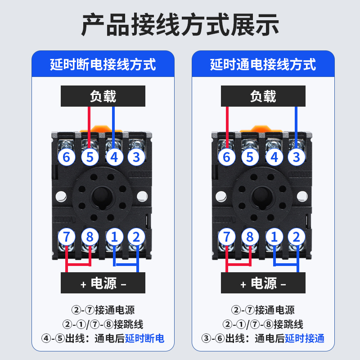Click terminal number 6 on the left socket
(67, 157)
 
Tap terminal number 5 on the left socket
(90, 157)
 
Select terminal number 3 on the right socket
(296, 157)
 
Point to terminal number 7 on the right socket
(227, 237)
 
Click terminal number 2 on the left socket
(136, 237)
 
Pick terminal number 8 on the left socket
(90, 237)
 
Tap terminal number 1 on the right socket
(274, 237)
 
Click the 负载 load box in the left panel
(103, 96)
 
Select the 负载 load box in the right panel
(263, 96)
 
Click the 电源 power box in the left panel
(103, 283)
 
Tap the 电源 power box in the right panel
(263, 283)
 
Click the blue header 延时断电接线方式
(103, 64)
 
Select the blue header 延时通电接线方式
(263, 64)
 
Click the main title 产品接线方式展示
(180, 25)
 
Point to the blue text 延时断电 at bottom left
(144, 338)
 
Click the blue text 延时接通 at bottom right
(305, 338)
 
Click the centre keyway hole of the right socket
(261, 196)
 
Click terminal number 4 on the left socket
(114, 157)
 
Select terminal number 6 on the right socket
(227, 157)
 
